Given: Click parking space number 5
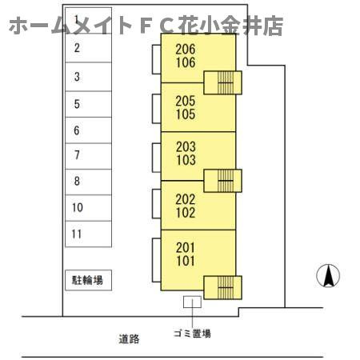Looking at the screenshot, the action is [x=88, y=104].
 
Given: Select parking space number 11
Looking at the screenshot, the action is [x=88, y=234].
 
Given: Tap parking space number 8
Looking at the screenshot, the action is [x=88, y=182].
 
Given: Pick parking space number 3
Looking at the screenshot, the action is [x=88, y=77].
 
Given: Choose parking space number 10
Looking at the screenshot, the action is [x=88, y=208].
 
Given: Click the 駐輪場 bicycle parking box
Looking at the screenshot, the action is [x=88, y=280].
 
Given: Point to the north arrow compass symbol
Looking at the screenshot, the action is [x=328, y=276].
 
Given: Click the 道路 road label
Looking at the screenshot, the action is [x=129, y=339].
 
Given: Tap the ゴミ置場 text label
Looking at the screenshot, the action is [x=192, y=334].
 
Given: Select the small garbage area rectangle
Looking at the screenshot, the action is [x=192, y=302].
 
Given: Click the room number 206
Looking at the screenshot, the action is [x=186, y=49].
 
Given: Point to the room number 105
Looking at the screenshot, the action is [x=186, y=114].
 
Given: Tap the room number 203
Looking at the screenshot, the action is [x=186, y=146].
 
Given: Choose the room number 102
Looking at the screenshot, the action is [x=186, y=213].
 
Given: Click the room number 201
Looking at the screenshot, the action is [x=186, y=247].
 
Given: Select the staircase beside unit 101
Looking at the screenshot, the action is [x=222, y=287].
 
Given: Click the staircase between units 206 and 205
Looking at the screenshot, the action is [x=222, y=82].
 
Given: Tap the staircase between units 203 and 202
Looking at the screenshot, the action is [x=222, y=181].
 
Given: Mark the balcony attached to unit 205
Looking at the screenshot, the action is [x=157, y=109].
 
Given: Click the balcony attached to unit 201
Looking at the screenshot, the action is [x=157, y=260].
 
